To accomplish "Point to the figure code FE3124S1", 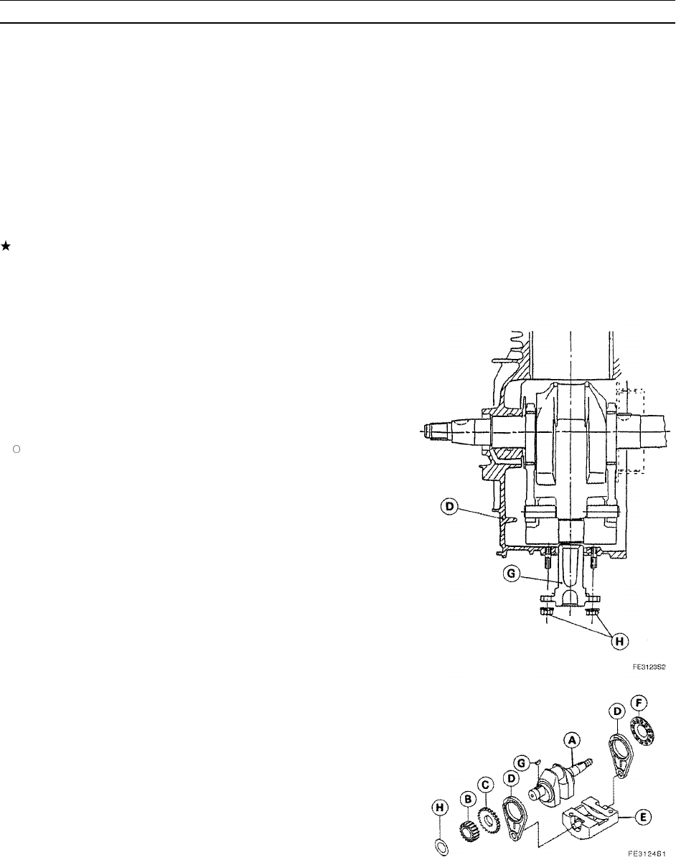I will [x=649, y=854].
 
